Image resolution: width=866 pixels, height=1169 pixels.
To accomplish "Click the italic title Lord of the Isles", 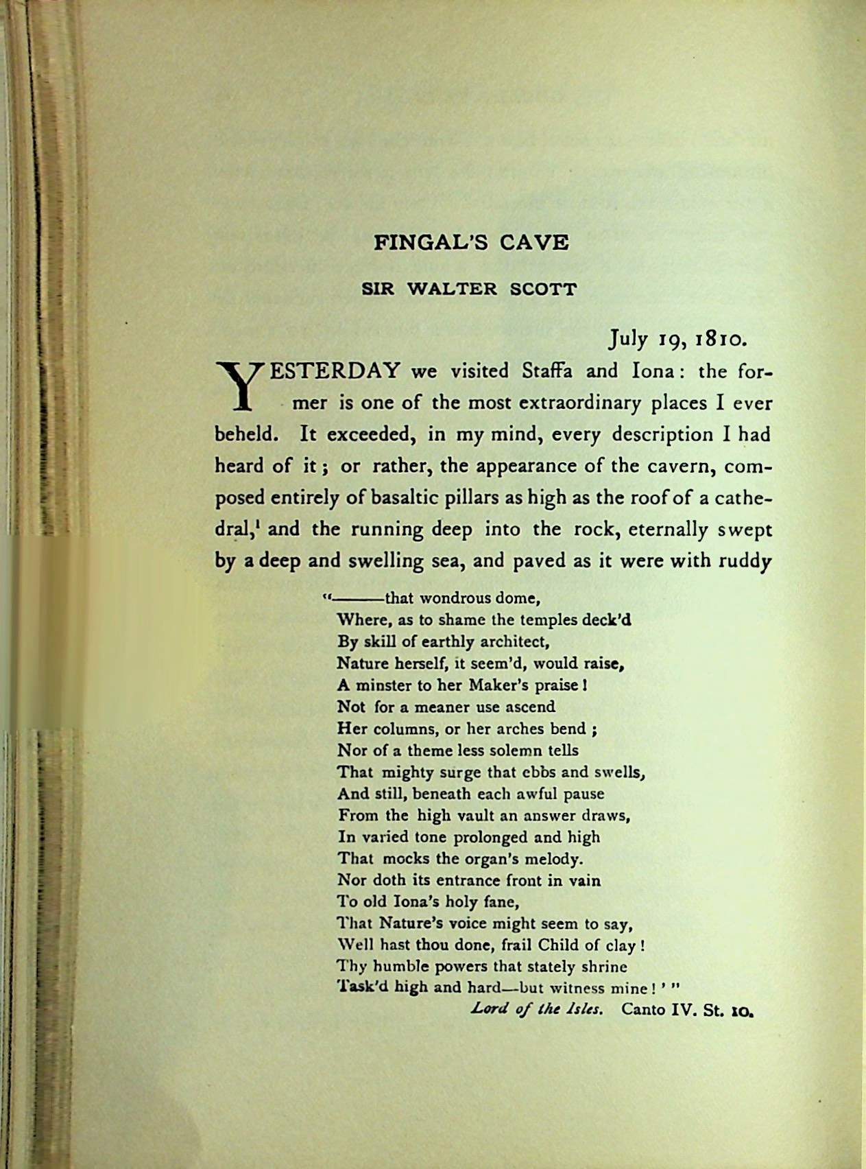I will pyautogui.click(x=537, y=1010).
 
